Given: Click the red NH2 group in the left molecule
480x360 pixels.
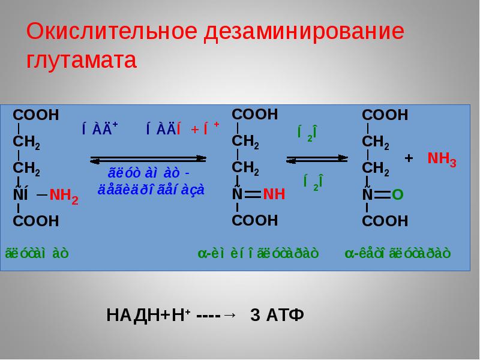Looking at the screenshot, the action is pos(64,196).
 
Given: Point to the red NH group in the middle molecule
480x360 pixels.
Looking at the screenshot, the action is pos(274,194).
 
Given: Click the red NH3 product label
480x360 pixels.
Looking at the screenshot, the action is pos(442,160).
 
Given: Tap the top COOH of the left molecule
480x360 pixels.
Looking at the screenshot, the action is pos(36,115).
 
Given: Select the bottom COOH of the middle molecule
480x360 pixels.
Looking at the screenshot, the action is pos(255,220).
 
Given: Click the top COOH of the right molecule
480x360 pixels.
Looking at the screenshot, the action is pos(385,115).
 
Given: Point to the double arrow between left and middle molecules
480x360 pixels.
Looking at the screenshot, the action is pos(149,160).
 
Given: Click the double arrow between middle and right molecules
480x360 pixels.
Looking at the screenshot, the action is pos(317,159).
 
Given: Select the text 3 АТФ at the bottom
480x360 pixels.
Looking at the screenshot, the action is pos(277,316).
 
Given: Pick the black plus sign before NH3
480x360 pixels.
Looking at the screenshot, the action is pos(410,158).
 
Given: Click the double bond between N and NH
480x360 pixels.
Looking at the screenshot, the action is pos(251,194).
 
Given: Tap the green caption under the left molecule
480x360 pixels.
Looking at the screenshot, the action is pos(37,253).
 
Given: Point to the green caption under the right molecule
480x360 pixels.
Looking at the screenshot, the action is pos(397,253).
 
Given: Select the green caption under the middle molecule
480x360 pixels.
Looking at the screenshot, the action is pos(258,253).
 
